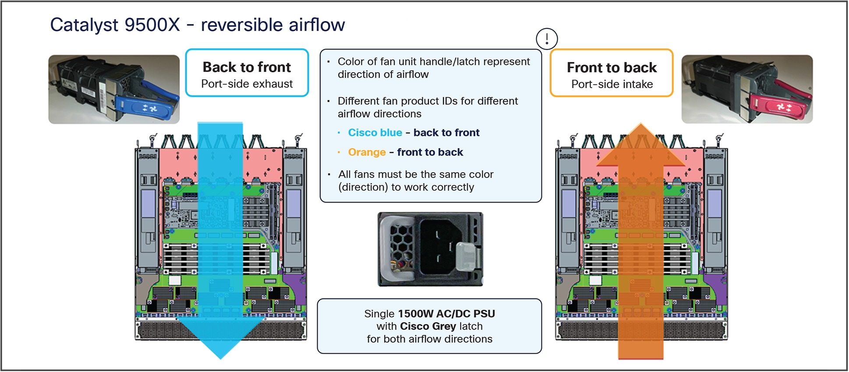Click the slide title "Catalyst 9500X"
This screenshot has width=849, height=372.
pos(115,25)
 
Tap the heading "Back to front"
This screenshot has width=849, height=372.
pos(247,67)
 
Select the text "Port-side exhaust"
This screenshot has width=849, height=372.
pos(247,84)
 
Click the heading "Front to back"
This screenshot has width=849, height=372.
pos(612,67)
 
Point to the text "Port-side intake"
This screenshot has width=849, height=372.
pos(612,84)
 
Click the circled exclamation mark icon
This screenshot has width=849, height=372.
pos(546,39)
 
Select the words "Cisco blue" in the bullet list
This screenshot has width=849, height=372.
pos(375,133)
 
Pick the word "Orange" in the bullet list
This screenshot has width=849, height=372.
pos(367,152)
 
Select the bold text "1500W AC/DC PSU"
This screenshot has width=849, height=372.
pos(446,314)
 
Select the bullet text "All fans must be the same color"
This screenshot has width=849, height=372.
pos(415,174)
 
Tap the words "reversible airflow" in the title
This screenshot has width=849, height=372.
pos(272,25)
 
